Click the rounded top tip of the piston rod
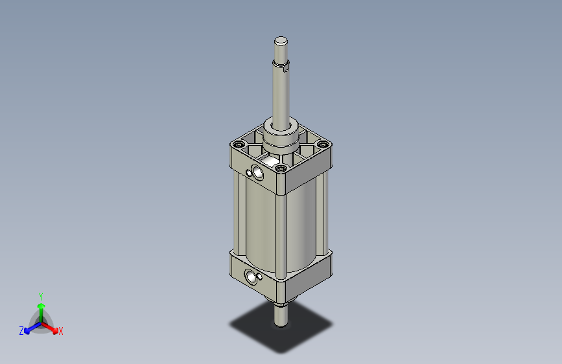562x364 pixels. [x=280, y=41]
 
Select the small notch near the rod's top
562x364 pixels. [x=287, y=65]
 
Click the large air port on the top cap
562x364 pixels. [x=258, y=173]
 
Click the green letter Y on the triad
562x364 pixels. [x=41, y=295]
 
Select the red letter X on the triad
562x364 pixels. [x=61, y=332]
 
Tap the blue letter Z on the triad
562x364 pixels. [x=21, y=331]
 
